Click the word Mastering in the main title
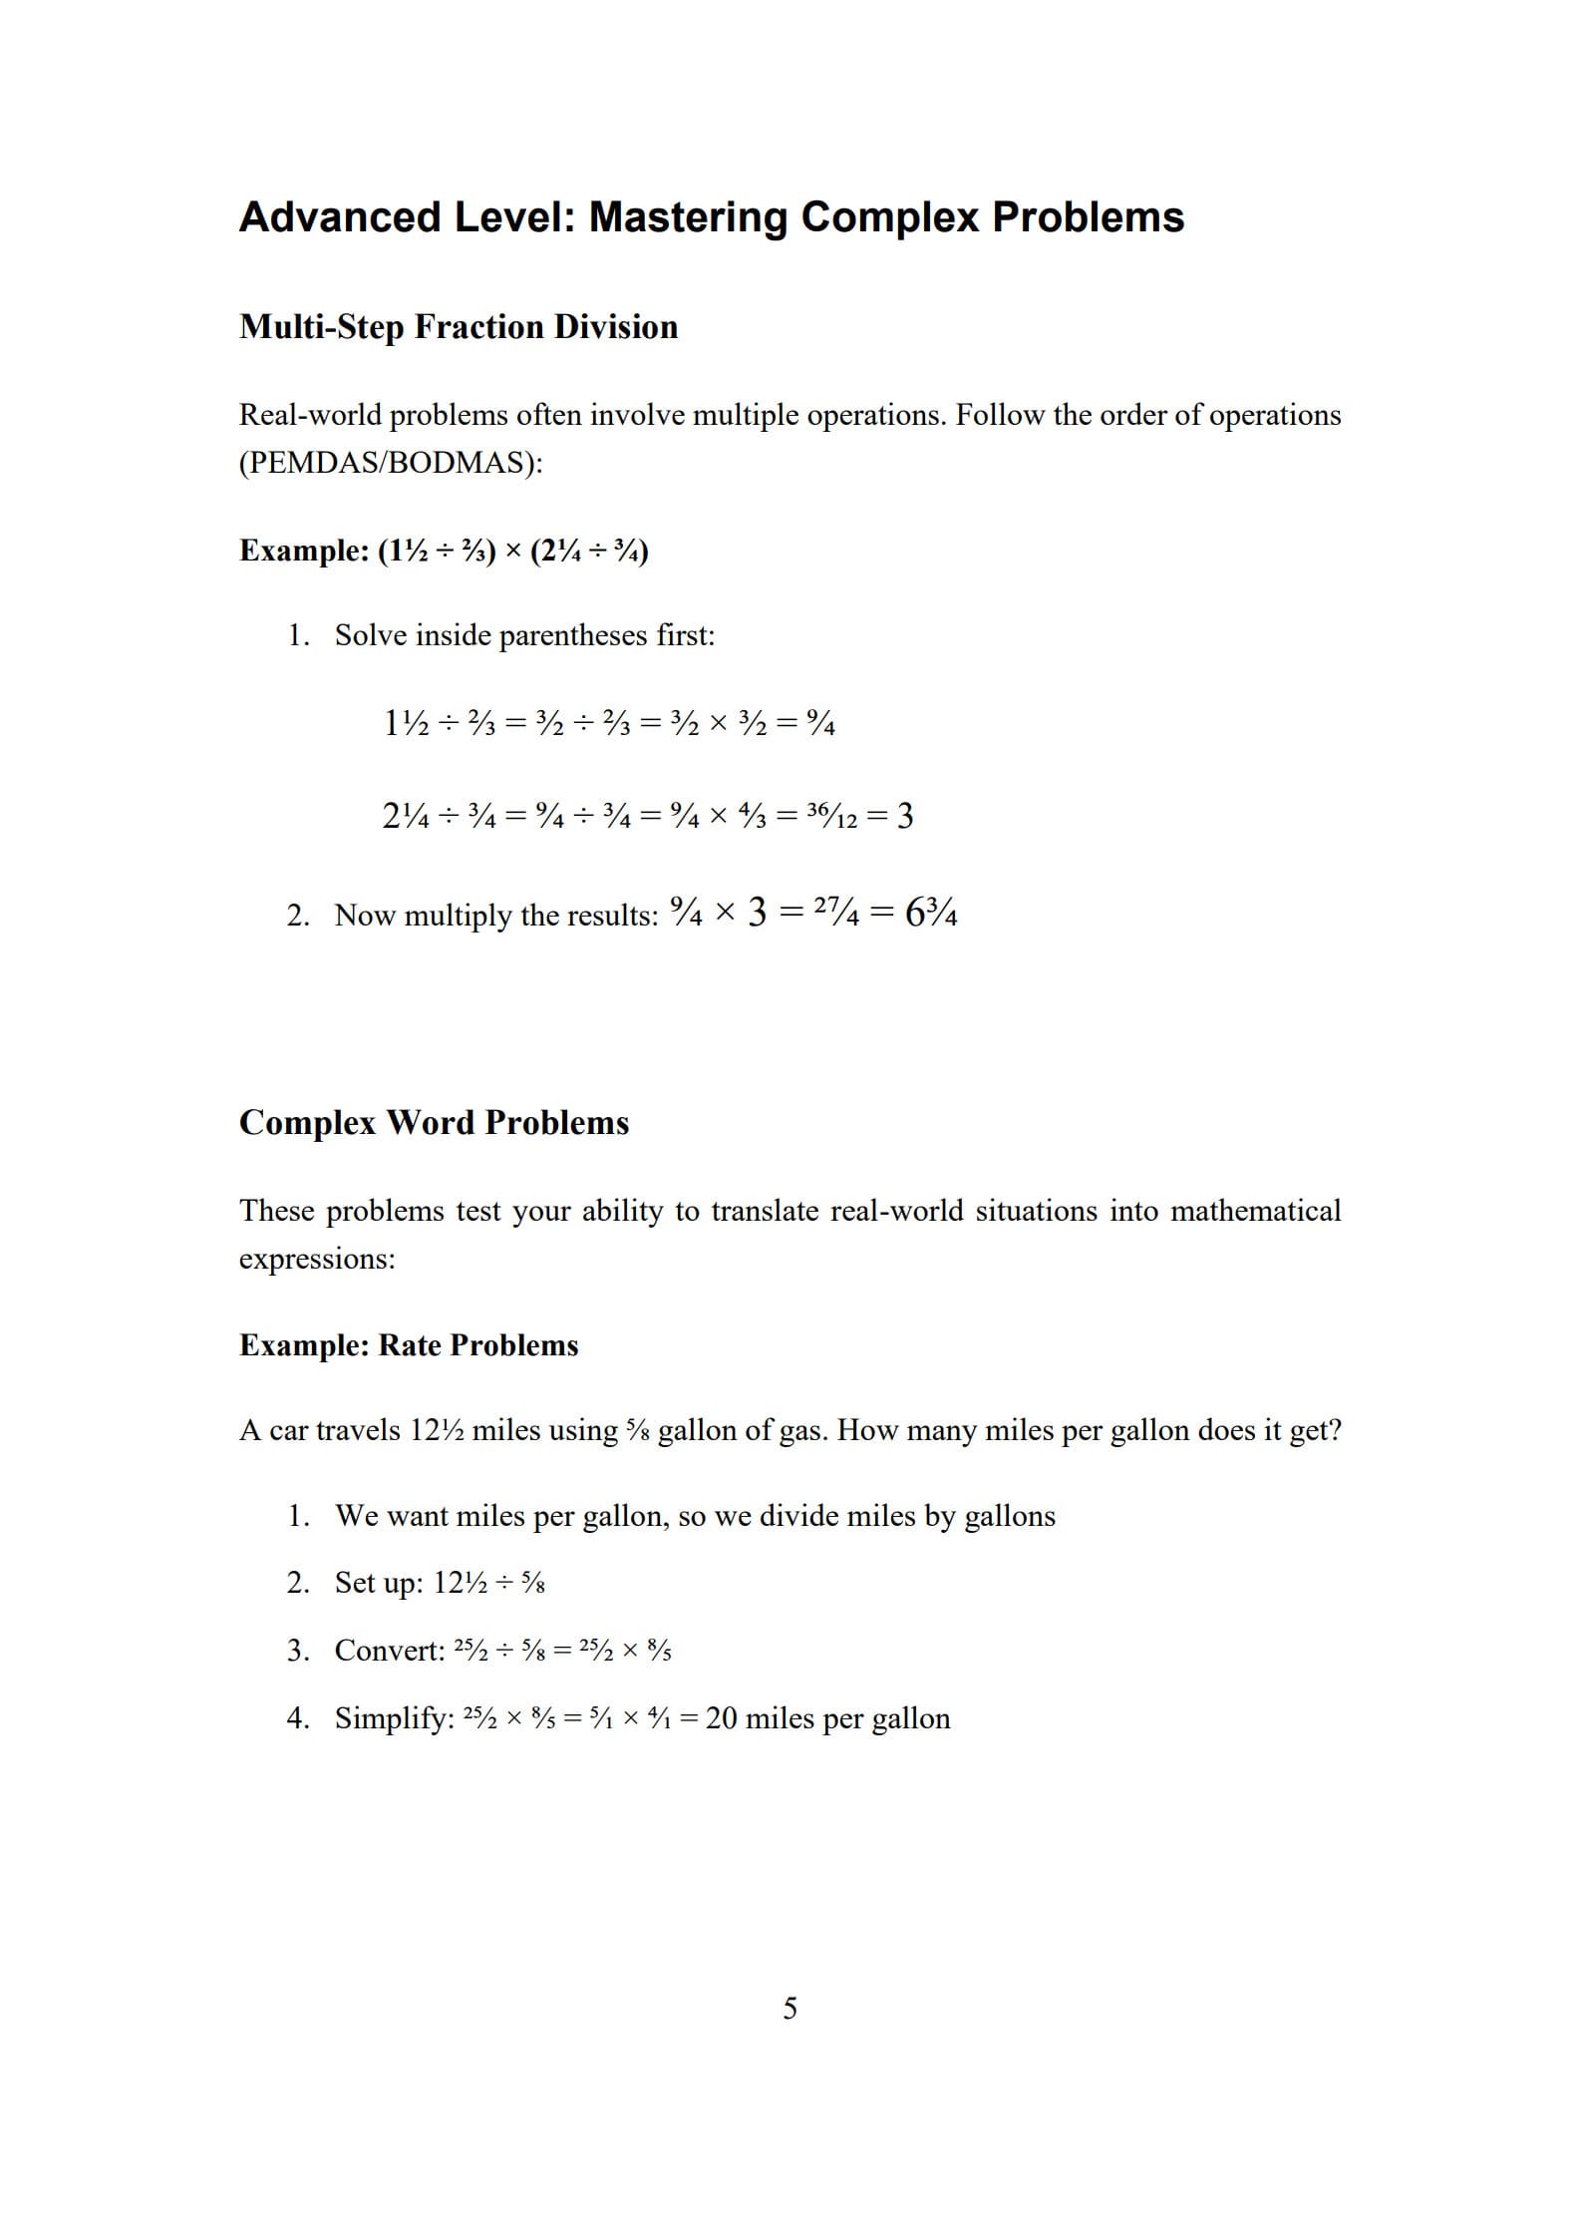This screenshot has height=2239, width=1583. coord(687,217)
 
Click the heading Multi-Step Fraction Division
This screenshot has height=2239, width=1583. coord(458,327)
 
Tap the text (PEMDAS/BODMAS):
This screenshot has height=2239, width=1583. coord(390,463)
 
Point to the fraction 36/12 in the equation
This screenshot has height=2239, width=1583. coord(831,817)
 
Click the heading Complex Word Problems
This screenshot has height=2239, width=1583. coord(434,1123)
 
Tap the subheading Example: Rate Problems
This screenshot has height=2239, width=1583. coord(409,1345)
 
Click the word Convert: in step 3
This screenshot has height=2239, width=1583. coord(390,1651)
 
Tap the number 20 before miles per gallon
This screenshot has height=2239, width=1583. coord(722,1718)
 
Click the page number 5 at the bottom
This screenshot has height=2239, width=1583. coord(790,2008)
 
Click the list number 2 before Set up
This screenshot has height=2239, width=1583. coord(296,1583)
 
